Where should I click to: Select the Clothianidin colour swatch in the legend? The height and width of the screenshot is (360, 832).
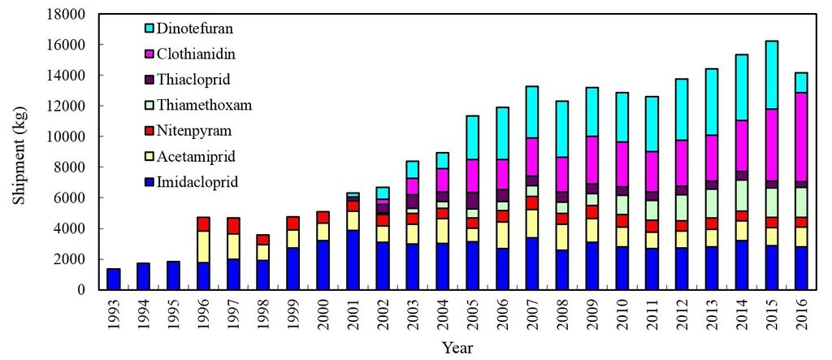[x=149, y=54]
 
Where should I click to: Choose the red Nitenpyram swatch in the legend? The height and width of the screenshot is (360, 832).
[x=149, y=132]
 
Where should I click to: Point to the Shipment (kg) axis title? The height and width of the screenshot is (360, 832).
[x=19, y=154]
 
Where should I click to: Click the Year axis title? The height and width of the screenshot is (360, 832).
[x=457, y=349]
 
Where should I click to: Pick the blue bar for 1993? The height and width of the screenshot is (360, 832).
[x=114, y=280]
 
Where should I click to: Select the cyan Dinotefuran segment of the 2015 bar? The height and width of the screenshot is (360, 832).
[x=772, y=75]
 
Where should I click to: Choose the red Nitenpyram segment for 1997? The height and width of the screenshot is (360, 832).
[x=233, y=226]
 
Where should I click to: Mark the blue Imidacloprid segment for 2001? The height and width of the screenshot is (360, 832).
[x=353, y=260]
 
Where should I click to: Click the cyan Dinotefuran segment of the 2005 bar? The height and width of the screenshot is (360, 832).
[x=472, y=137]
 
